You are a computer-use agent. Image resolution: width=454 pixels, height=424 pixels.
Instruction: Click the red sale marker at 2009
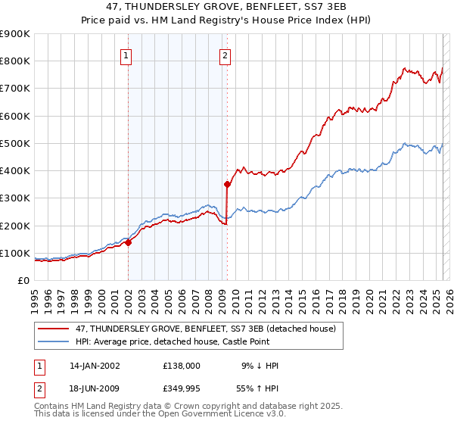[x=227, y=184]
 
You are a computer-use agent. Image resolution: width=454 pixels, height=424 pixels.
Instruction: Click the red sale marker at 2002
[x=128, y=242]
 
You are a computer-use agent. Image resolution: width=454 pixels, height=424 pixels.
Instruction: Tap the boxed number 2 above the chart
[x=225, y=55]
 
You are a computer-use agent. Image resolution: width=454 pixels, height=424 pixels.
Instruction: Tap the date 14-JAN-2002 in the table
[x=95, y=366]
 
